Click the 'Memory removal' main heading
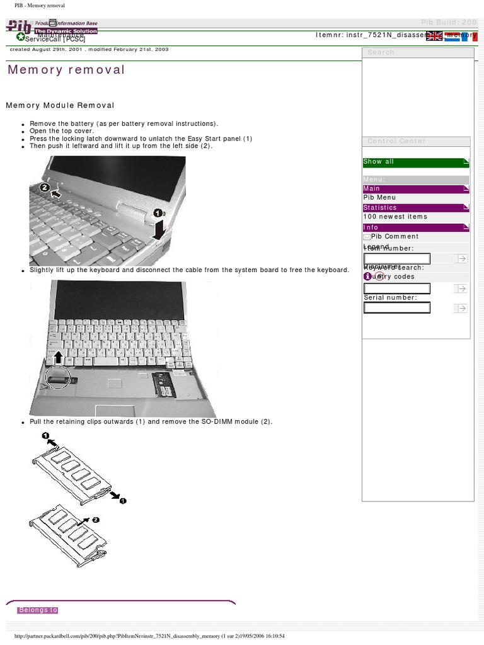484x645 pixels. tap(66, 70)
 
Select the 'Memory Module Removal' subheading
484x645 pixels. tap(60, 105)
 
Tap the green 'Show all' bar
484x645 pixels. tap(416, 163)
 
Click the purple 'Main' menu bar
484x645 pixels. tap(416, 189)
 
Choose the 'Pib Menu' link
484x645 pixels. tap(379, 198)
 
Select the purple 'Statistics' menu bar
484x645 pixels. tap(416, 207)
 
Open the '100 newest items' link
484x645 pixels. tap(395, 217)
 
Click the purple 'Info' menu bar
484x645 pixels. tap(416, 227)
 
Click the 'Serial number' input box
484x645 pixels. tap(397, 308)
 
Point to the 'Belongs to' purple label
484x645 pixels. tap(38, 610)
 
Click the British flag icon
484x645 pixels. tap(434, 36)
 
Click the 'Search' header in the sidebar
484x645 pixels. tap(381, 52)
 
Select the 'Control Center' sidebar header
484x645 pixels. tap(396, 141)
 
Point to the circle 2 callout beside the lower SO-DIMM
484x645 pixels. tap(96, 520)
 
